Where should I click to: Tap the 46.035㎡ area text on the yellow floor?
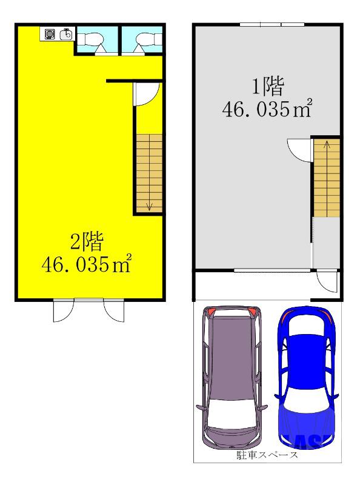click(87, 265)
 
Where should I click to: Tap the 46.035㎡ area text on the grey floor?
click(268, 110)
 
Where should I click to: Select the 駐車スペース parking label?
click(267, 455)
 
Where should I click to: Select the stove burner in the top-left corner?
click(50, 34)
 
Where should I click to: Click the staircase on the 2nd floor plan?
click(147, 173)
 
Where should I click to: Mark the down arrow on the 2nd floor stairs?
click(149, 206)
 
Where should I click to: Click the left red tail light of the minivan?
click(209, 312)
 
